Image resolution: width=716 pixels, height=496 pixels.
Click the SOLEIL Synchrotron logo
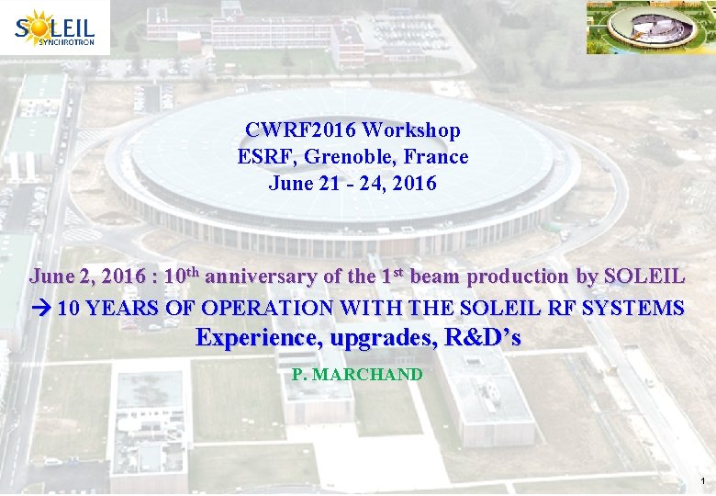tap(55, 28)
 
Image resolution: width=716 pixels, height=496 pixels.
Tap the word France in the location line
tap(438, 157)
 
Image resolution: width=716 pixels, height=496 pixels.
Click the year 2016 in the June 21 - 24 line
tap(414, 183)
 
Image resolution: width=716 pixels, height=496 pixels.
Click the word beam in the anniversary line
tap(435, 276)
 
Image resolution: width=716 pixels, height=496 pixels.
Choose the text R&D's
tap(482, 337)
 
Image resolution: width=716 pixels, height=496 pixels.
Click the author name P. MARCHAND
tap(357, 374)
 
